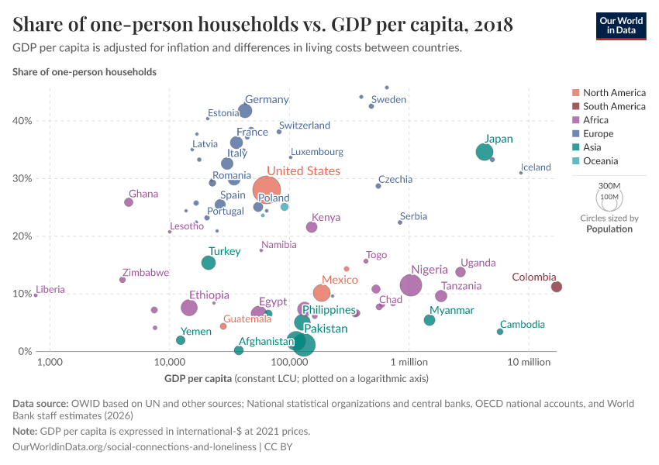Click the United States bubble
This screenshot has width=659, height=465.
[x=267, y=188]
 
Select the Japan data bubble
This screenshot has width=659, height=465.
[x=485, y=152]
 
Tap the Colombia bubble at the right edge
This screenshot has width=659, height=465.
[x=556, y=287]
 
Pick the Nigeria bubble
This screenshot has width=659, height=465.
[x=411, y=285]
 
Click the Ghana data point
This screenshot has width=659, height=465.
[x=129, y=202]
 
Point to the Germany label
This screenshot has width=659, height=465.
[x=267, y=99]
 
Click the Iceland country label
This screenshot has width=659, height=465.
[x=536, y=167]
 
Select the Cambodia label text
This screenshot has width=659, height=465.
[x=522, y=325]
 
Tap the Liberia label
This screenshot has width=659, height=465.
[x=50, y=290]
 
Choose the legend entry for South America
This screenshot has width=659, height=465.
[x=614, y=106]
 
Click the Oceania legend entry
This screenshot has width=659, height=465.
[x=600, y=161]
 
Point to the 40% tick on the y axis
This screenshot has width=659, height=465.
[x=21, y=121]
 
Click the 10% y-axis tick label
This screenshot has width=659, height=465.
[x=21, y=294]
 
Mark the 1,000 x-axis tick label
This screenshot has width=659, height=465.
[x=50, y=363]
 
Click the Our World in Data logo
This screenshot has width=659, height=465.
[x=621, y=26]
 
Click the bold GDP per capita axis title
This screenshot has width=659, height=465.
[x=198, y=379]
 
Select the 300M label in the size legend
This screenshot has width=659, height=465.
[x=609, y=187]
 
